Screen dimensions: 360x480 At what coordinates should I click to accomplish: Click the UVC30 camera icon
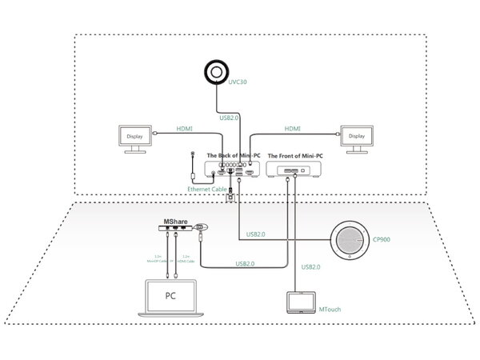tap(215, 71)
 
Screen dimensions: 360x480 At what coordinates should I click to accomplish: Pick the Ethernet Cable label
tap(206, 189)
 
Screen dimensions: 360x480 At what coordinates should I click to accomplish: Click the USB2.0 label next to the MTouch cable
tap(310, 266)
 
